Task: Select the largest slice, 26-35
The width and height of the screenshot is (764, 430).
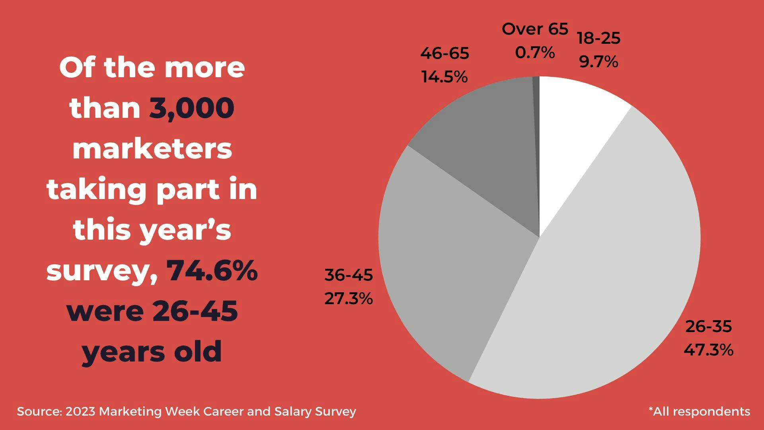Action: click(609, 279)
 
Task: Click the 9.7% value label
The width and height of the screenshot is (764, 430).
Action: click(598, 62)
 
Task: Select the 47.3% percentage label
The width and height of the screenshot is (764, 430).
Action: click(708, 350)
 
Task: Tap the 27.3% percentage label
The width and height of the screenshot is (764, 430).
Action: click(349, 298)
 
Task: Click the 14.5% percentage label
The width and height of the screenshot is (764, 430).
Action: click(444, 76)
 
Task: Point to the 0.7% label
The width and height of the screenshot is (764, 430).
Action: click(535, 52)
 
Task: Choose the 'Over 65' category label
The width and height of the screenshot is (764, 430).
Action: click(535, 29)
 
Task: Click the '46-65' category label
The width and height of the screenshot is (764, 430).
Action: click(444, 53)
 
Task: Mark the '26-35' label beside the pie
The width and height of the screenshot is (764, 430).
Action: click(708, 326)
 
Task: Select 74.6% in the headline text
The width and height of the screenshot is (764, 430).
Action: click(212, 270)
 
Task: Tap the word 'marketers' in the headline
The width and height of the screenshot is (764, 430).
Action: click(152, 149)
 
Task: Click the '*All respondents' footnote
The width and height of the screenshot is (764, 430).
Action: click(699, 411)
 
